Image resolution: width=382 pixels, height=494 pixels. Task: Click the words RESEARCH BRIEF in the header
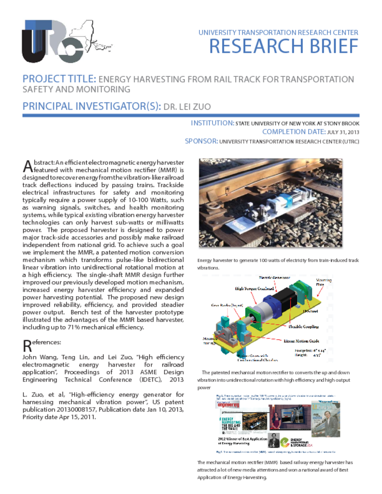click(x=283, y=47)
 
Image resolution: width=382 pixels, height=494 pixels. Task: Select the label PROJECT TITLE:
click(x=60, y=79)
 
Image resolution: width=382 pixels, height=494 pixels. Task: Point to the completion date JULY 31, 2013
click(x=343, y=132)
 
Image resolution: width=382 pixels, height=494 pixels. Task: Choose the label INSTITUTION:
click(x=212, y=123)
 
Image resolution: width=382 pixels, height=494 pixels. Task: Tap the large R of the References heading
click(x=27, y=345)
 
